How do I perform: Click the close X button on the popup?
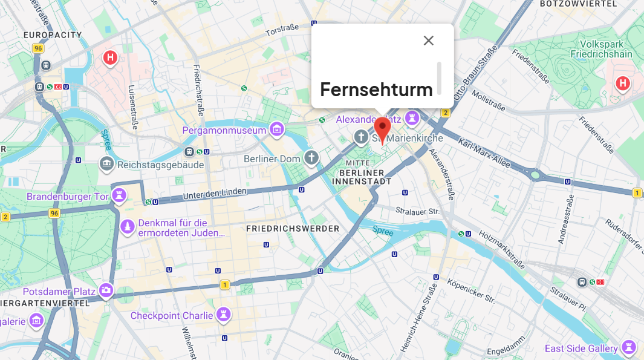point(429,41)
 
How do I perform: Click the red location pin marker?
point(382,129)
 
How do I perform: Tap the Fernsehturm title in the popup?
point(376,90)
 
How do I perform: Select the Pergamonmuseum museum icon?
point(277,129)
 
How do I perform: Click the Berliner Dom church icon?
point(311,158)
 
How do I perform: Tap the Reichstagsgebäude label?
point(160,164)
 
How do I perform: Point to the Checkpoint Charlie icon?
point(224,315)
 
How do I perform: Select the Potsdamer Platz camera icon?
point(106,290)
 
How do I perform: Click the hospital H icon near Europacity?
point(110,57)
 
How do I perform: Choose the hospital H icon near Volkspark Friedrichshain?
point(623,83)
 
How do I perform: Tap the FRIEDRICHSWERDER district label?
point(293,229)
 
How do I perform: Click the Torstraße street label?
point(282,29)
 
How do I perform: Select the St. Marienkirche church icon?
point(361,137)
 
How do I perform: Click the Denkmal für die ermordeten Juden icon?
point(128,227)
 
